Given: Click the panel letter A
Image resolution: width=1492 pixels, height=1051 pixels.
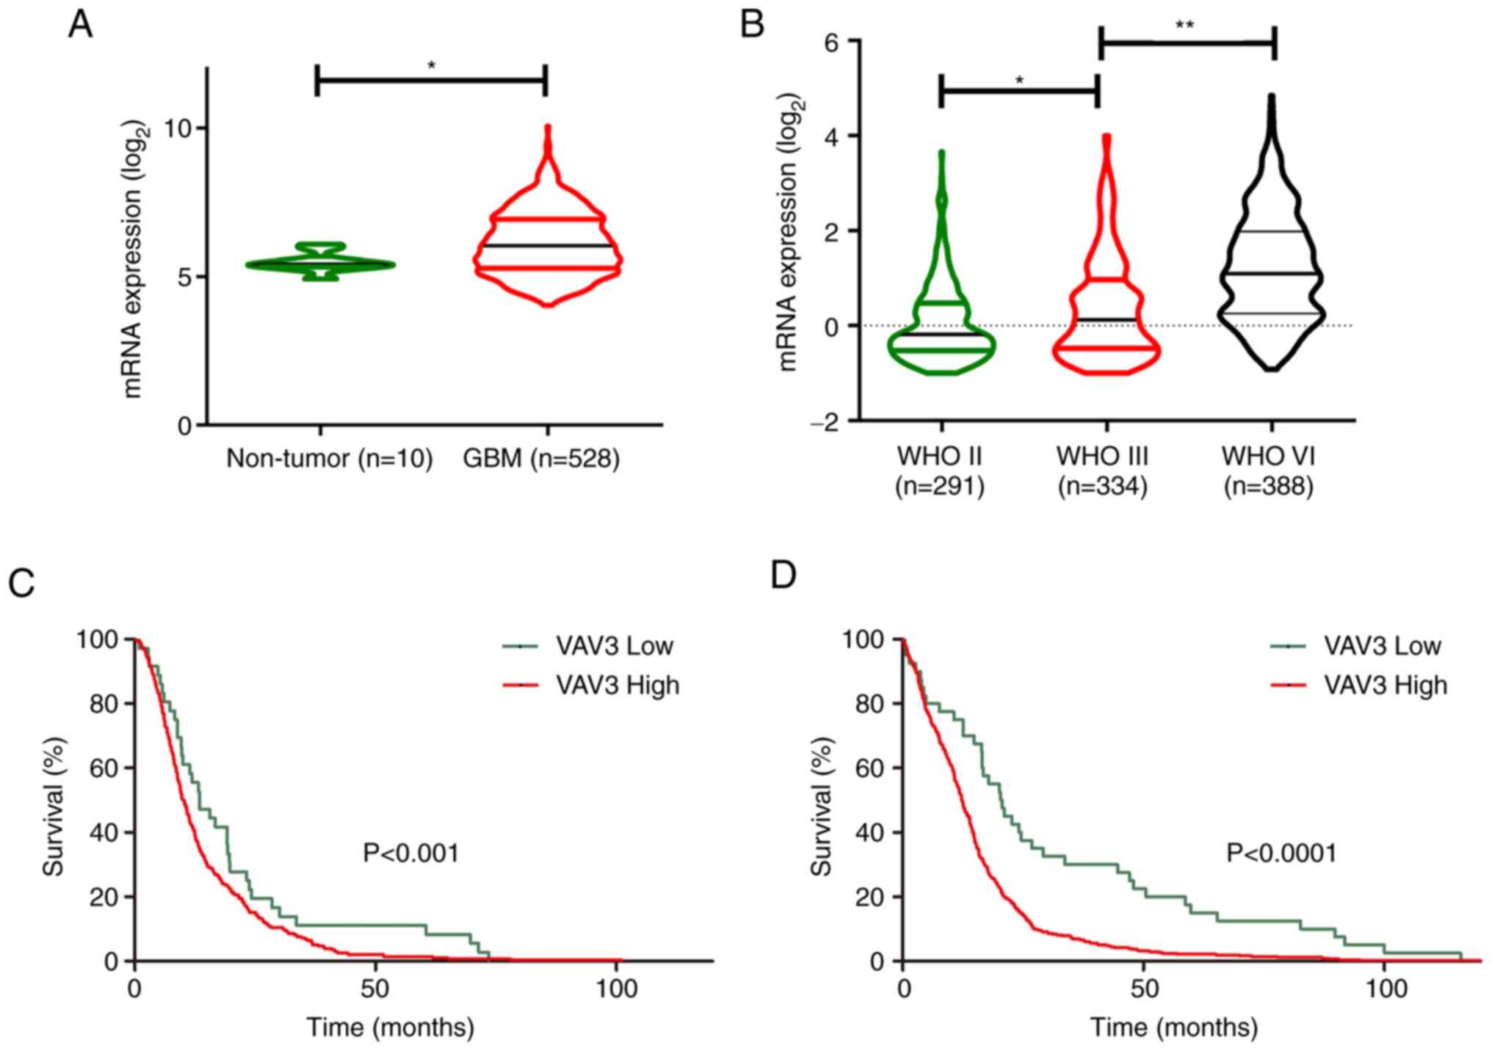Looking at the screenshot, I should (x=80, y=26).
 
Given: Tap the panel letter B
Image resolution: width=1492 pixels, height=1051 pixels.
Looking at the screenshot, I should (x=752, y=26).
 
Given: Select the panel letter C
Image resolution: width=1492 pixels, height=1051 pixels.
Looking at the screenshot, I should (x=21, y=583).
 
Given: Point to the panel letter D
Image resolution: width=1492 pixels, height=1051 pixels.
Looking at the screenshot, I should (x=783, y=576).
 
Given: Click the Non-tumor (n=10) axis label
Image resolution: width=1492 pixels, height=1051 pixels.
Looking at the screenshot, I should (x=329, y=459).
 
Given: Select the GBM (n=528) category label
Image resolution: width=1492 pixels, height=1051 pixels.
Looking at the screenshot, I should (x=541, y=459).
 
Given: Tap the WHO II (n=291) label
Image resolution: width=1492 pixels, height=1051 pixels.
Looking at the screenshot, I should (x=939, y=471).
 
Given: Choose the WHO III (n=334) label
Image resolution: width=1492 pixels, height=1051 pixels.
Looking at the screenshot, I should (x=1102, y=471).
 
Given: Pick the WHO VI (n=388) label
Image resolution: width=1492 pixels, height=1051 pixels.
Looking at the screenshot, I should (x=1268, y=471).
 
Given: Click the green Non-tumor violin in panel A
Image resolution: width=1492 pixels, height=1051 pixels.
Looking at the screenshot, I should (x=320, y=263).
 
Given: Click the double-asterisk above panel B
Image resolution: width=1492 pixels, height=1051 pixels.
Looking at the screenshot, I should (x=1184, y=26).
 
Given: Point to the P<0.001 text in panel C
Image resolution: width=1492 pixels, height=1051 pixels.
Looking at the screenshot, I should (x=411, y=853).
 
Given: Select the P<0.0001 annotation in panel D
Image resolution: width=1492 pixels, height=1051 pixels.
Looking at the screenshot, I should (x=1281, y=853).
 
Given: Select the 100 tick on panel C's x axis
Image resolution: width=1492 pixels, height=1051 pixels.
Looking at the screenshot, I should (x=616, y=989).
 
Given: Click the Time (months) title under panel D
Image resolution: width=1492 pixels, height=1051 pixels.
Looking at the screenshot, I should (x=1173, y=1027).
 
